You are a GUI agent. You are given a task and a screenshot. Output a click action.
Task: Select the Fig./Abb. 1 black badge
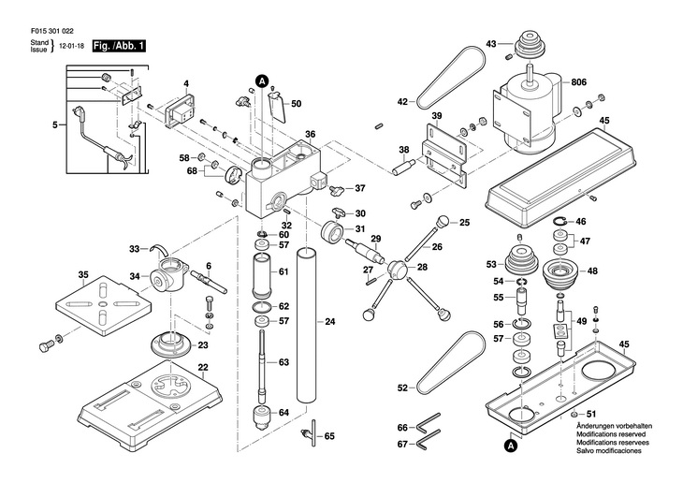119,45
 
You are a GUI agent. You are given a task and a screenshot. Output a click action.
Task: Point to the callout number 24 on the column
329,322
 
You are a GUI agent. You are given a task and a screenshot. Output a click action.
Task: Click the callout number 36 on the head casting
310,135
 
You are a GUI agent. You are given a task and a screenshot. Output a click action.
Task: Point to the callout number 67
402,444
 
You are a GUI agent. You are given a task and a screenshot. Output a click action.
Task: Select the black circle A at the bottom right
512,446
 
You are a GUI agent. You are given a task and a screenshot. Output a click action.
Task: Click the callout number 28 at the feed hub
423,268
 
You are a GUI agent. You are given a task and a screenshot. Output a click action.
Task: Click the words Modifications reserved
609,435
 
